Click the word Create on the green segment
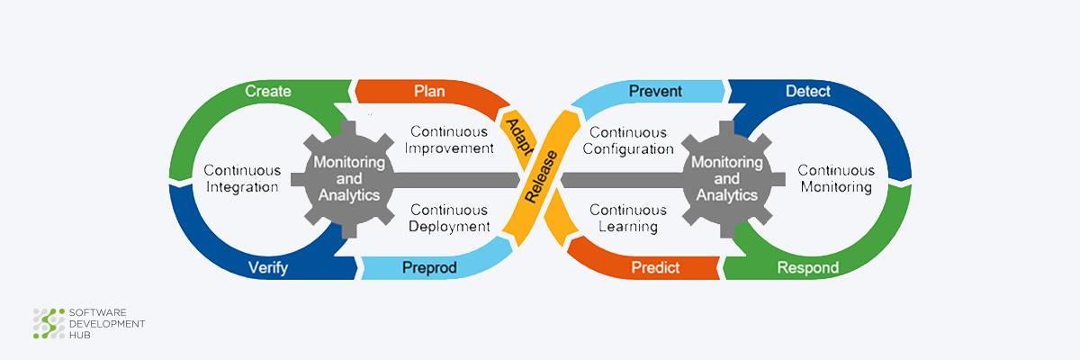coord(268,91)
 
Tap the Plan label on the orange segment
coord(429,91)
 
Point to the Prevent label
coord(655,91)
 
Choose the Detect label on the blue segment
coord(807,91)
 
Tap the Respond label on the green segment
coord(807,267)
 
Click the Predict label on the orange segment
coord(655,267)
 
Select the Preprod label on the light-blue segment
coord(429,267)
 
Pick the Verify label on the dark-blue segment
coord(268,267)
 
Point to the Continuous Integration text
coord(242,178)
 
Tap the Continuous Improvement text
coord(449,139)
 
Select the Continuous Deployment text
coord(449,218)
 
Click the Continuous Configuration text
coord(628,139)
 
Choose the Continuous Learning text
coord(628,218)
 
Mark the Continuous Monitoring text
coord(835,178)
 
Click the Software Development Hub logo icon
coord(49,324)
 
